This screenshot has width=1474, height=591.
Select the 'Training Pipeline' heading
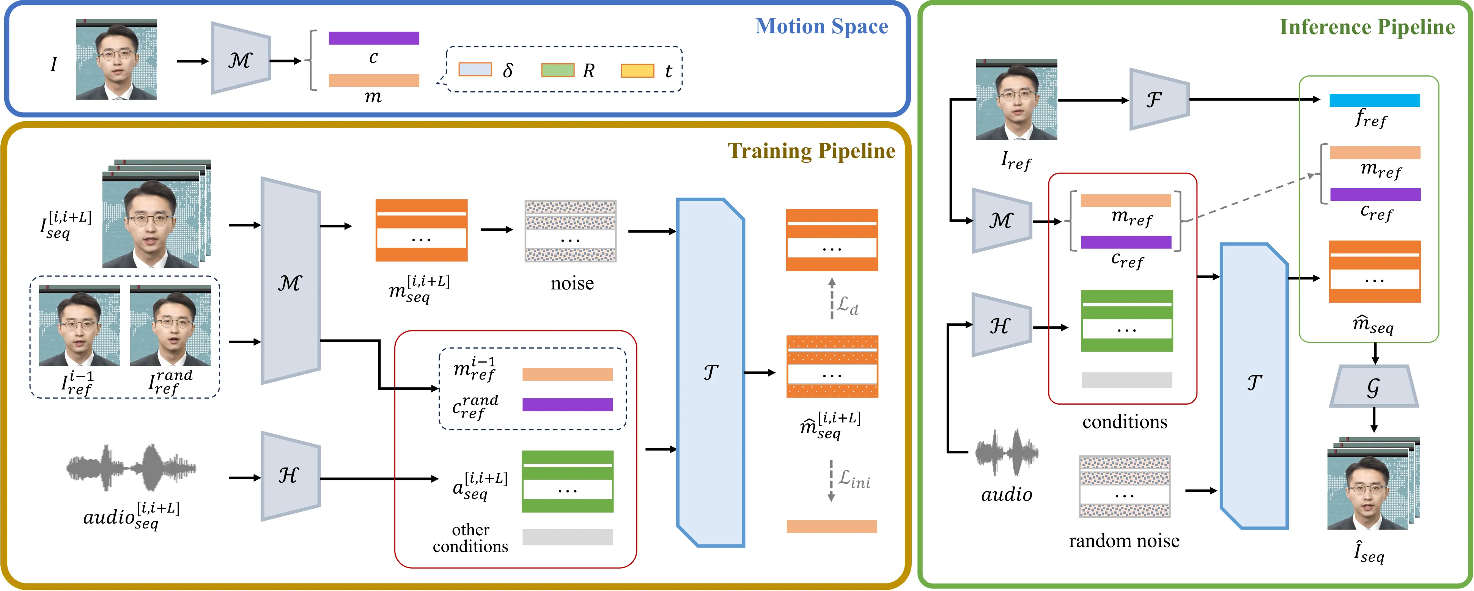(812, 151)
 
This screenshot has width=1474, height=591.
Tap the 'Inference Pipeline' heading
(1367, 27)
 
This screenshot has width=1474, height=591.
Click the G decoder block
(1373, 387)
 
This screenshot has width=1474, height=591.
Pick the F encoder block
(1159, 100)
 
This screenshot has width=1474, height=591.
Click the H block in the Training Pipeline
(291, 475)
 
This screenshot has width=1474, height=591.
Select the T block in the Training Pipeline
(711, 373)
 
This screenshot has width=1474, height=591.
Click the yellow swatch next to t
(637, 70)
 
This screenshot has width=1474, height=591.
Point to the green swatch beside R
(558, 70)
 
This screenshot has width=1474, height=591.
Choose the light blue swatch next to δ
(475, 70)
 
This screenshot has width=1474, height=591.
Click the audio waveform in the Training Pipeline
(131, 467)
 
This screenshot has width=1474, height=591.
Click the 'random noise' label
(1124, 541)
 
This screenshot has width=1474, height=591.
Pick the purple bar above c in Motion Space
(374, 38)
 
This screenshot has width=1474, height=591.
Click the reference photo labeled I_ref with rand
(170, 325)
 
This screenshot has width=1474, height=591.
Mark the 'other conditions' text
(470, 538)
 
